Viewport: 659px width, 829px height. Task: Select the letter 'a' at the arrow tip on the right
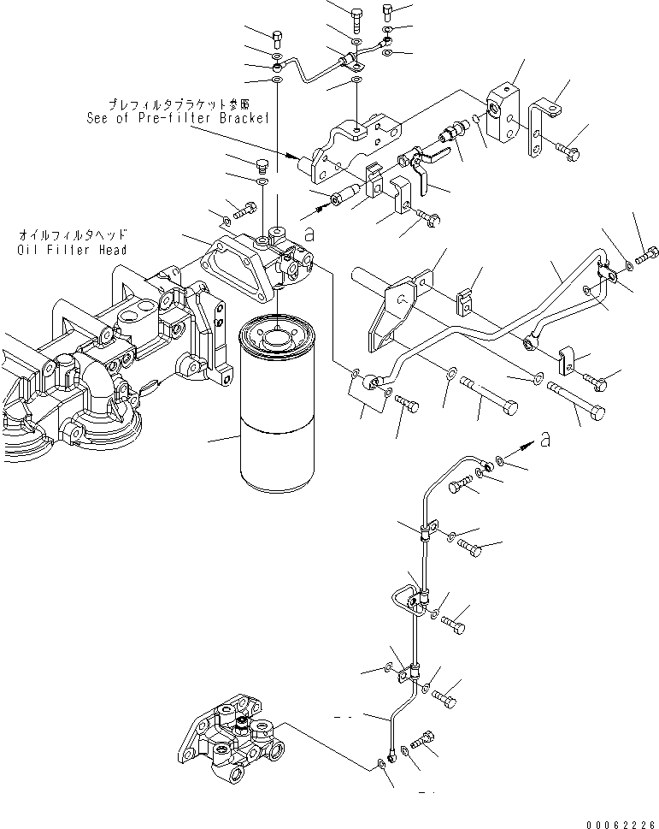pos(544,440)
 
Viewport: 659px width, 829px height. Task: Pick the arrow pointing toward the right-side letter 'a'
pos(521,447)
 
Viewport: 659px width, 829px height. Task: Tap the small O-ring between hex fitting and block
pos(478,117)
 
